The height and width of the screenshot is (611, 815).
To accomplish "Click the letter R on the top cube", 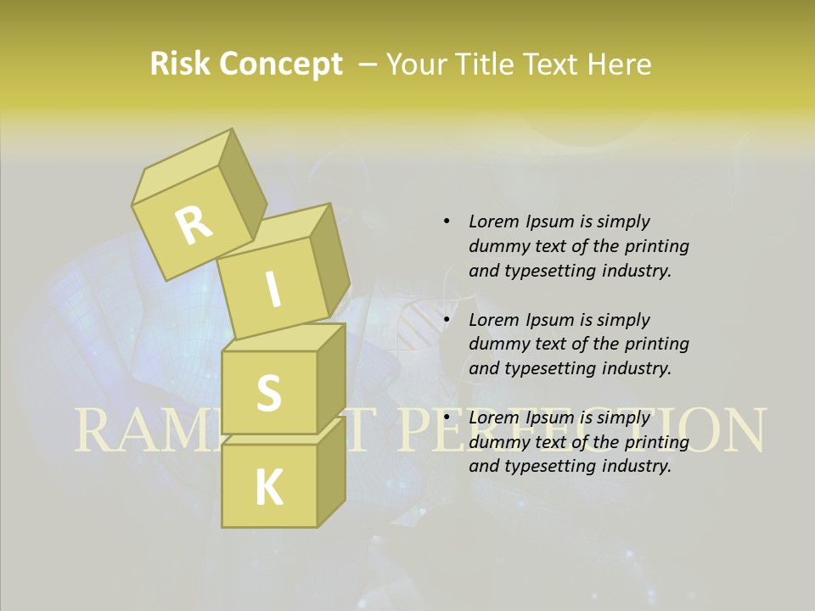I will coord(194,225).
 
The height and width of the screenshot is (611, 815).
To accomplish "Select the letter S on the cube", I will coord(268,393).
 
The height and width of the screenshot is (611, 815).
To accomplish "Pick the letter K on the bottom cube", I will coord(268,488).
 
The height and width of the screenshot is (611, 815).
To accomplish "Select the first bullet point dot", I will coord(447,221).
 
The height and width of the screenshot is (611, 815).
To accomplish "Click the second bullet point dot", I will coord(447,320).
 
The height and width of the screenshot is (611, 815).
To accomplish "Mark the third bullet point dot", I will coord(447,418).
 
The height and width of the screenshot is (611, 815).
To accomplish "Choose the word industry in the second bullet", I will coord(636,368).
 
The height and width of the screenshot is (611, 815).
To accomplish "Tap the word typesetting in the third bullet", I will coord(548,466).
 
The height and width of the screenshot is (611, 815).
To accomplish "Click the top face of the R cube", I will coord(183,166).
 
